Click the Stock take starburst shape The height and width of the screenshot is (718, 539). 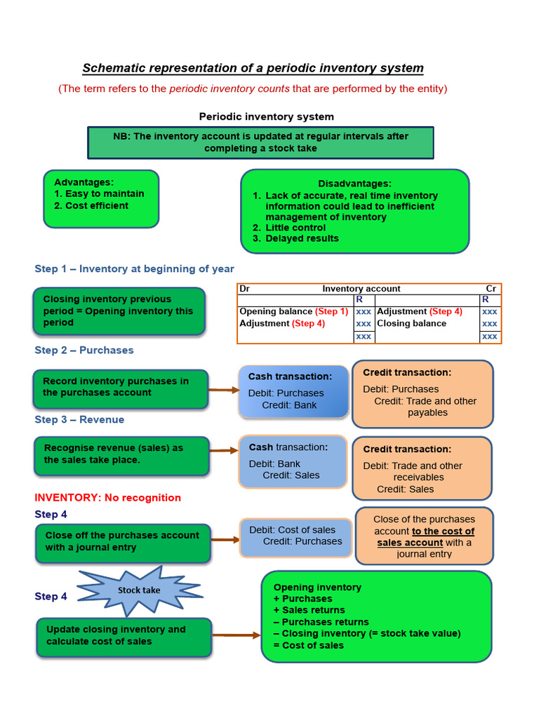pos(138,590)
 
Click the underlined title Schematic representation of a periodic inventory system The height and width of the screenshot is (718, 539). pos(253,68)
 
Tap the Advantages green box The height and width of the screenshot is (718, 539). pos(101,198)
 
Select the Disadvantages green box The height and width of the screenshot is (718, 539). pos(354,210)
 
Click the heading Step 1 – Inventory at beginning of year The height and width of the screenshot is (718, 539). pos(134,269)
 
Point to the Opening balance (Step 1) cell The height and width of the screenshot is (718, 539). pos(293,311)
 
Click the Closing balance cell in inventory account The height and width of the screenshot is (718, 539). pos(411,323)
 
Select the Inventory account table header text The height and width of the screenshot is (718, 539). pos(361,288)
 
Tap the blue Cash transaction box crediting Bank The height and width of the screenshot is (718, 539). pos(293,391)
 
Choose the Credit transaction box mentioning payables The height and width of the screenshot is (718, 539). pos(422,393)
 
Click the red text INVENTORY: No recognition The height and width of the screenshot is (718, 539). pos(107,498)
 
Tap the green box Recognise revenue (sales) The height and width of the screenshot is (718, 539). pos(121,454)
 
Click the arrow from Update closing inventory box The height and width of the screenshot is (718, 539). pos(236,635)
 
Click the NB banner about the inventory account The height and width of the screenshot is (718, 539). pos(260,142)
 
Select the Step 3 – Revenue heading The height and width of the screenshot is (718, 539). pos(79,419)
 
